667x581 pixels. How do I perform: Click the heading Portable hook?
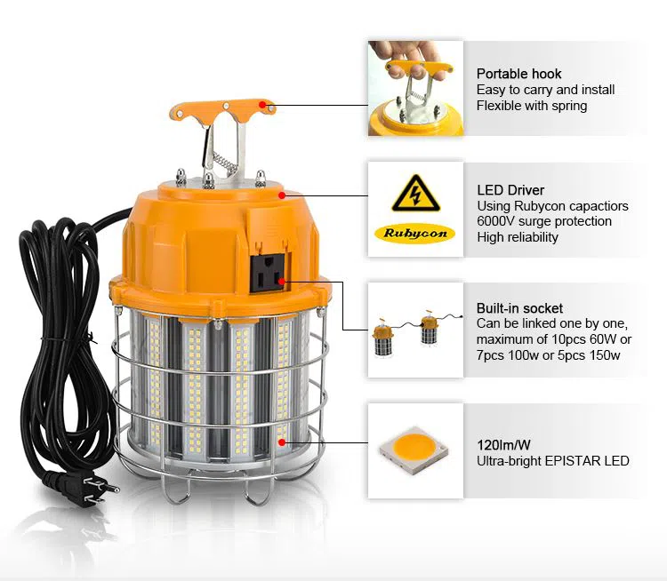tap(519, 74)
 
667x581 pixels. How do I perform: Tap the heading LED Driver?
tap(510, 190)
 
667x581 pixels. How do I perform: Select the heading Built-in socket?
tap(519, 308)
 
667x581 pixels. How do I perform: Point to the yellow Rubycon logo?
tap(415, 234)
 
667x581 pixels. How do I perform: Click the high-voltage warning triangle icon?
tap(415, 192)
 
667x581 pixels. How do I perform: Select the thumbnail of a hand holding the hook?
tap(415, 88)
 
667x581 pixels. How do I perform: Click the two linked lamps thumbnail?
tap(415, 331)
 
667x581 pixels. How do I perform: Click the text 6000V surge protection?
tap(544, 221)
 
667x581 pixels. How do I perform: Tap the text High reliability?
tap(518, 237)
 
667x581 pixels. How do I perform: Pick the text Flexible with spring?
tap(532, 105)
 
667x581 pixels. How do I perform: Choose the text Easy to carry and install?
tap(545, 90)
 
